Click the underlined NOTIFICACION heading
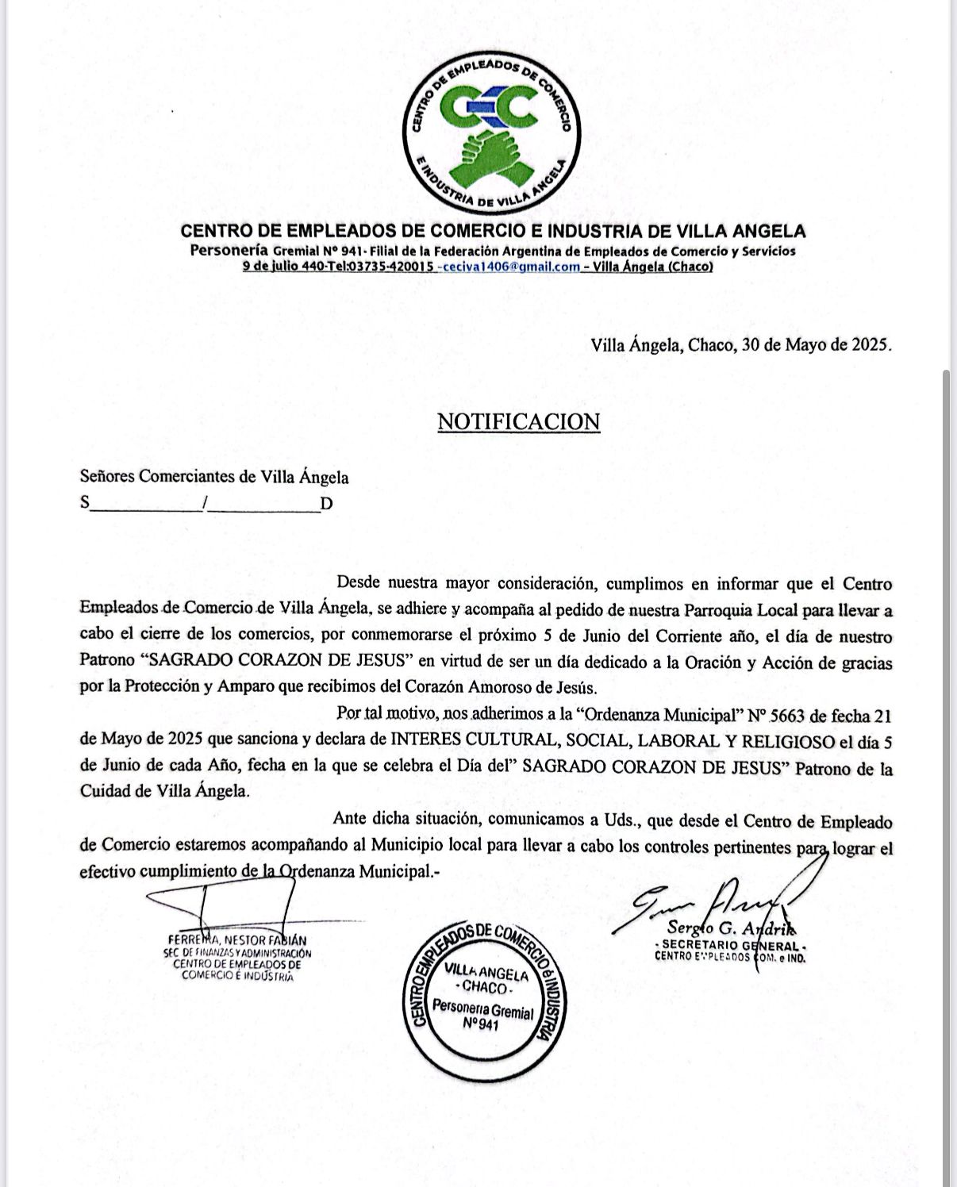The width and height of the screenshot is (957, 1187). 518,421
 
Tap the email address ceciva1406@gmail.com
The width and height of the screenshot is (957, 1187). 513,267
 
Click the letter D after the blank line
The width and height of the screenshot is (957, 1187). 325,504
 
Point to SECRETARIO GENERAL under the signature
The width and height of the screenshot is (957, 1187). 730,946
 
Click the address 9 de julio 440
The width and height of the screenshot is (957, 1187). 282,267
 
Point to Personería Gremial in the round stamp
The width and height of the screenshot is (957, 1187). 482,1009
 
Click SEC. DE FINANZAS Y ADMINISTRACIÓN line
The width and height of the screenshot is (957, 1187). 236,953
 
